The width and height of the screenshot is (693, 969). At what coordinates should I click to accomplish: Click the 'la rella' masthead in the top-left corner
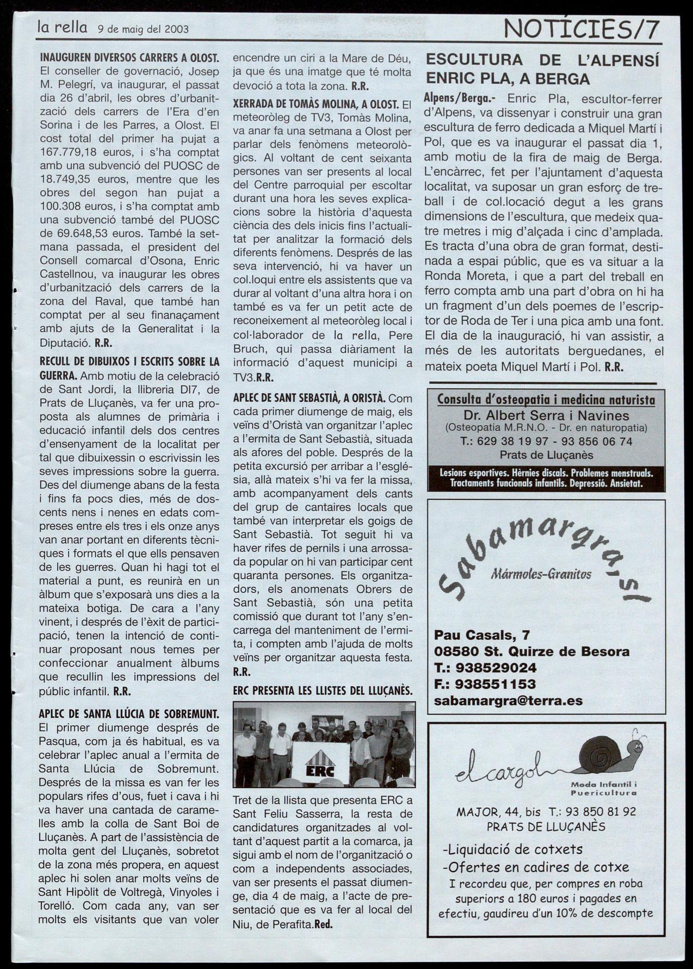tap(61, 27)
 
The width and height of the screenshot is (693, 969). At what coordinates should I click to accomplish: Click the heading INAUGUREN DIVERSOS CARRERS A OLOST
tap(129, 57)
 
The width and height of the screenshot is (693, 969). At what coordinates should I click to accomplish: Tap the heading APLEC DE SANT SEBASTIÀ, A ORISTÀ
tap(309, 397)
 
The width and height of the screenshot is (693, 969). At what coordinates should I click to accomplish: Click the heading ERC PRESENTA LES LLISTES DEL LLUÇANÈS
tap(322, 691)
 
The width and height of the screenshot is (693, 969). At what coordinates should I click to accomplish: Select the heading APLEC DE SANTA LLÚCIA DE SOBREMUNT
tap(129, 713)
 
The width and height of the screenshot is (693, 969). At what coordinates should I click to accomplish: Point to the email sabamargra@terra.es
tap(508, 701)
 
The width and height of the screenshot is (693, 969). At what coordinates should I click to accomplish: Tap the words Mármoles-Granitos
tap(541, 574)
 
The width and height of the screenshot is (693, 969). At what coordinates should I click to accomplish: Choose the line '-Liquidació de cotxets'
tap(512, 849)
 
